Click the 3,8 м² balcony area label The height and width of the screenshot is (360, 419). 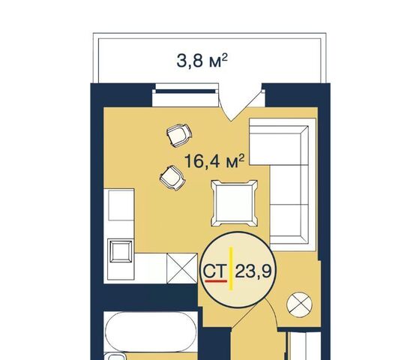point(202,61)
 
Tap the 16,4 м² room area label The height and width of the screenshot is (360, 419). point(214,161)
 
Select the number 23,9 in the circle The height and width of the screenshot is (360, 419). point(253,271)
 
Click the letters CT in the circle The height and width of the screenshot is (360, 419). point(215,271)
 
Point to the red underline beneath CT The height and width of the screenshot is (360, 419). point(216,280)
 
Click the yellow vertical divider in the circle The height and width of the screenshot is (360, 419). point(231,268)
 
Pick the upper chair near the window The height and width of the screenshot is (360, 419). point(179,136)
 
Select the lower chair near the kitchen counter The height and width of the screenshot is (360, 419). point(172,178)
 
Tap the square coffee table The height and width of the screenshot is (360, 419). point(235,203)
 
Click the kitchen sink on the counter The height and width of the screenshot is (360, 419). point(121,251)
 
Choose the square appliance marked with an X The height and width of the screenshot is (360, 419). point(182,268)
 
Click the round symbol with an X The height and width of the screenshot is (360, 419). point(299,304)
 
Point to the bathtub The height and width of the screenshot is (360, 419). point(151,331)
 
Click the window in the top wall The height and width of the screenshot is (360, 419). point(185,91)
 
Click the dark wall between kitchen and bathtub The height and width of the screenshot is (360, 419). point(151,298)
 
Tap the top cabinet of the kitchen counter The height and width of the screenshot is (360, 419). point(121,205)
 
